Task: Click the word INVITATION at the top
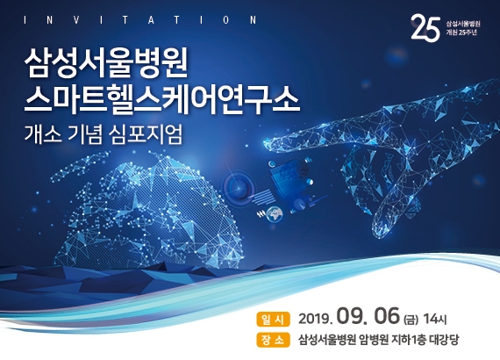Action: (x=140, y=20)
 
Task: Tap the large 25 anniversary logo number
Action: (x=425, y=27)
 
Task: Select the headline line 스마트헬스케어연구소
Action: (x=162, y=98)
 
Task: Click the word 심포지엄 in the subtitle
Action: (x=145, y=135)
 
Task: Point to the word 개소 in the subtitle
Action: (x=43, y=135)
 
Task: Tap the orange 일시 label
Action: (x=273, y=320)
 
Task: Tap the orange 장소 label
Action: (x=273, y=340)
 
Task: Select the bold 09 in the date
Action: (x=354, y=316)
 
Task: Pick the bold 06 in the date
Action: (x=387, y=316)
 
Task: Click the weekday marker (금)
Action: (x=411, y=319)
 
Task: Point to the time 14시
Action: (x=434, y=319)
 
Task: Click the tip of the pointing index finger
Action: (x=265, y=142)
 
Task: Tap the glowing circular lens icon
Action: (x=237, y=185)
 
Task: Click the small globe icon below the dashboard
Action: (x=275, y=214)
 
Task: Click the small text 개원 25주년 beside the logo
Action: (x=461, y=32)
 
